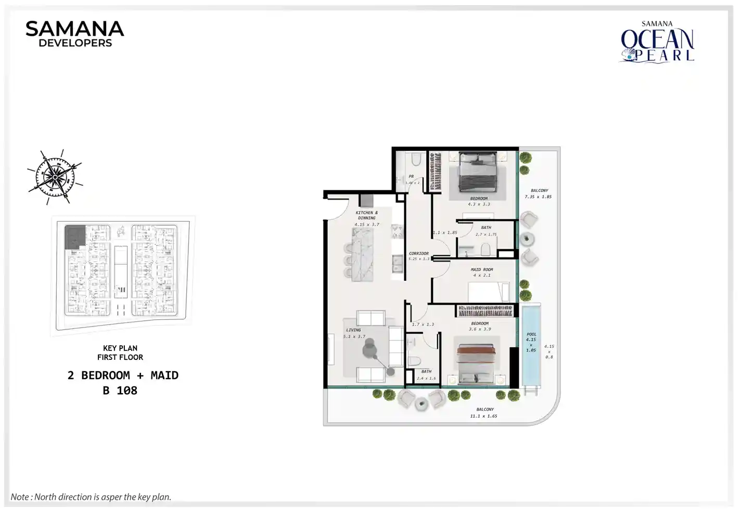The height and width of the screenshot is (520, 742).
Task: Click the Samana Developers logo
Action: pyautogui.click(x=75, y=34)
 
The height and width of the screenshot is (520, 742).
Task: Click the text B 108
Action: pyautogui.click(x=120, y=391)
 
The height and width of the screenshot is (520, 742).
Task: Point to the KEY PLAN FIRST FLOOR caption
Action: pyautogui.click(x=120, y=353)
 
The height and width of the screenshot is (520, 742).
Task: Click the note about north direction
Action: pyautogui.click(x=91, y=497)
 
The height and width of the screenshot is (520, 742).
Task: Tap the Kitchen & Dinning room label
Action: pyautogui.click(x=367, y=215)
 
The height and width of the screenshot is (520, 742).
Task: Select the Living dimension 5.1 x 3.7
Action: pyautogui.click(x=354, y=336)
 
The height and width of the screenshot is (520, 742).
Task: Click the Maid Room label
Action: pyautogui.click(x=481, y=270)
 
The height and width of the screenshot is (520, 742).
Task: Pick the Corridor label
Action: pyautogui.click(x=418, y=253)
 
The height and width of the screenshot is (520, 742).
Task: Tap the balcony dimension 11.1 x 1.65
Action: pyautogui.click(x=484, y=416)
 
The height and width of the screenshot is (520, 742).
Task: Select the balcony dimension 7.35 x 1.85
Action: pyautogui.click(x=538, y=197)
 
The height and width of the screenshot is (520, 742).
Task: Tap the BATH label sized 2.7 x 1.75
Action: pyautogui.click(x=486, y=228)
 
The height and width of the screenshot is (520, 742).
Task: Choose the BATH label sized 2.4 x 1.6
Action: pyautogui.click(x=426, y=372)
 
